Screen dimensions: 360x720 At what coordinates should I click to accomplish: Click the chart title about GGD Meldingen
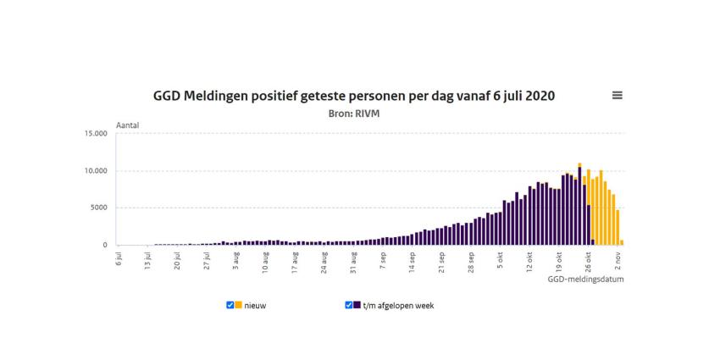point(354,96)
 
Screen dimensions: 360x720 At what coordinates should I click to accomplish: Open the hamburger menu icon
point(618,96)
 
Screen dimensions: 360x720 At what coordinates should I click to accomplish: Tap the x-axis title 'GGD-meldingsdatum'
point(585,278)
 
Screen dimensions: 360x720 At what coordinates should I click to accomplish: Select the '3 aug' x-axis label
point(236,259)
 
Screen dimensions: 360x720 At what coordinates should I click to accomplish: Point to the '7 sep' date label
point(383,259)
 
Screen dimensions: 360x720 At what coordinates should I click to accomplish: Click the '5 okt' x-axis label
point(500,259)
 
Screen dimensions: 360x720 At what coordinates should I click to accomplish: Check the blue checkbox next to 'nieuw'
point(230,305)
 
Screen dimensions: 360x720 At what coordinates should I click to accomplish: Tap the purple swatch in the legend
point(357,305)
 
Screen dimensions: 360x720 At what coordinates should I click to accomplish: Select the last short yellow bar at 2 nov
point(622,242)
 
